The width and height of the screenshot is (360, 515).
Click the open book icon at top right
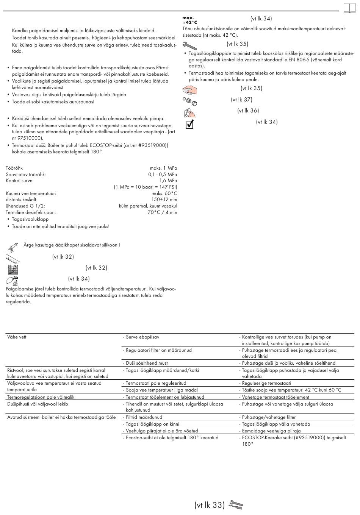click(x=349, y=8)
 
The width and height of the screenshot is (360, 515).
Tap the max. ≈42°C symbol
click(x=190, y=20)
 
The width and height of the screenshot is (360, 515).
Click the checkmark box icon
click(x=189, y=124)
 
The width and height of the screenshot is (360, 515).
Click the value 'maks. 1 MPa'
click(x=163, y=168)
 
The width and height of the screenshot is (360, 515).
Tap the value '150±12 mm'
click(x=164, y=200)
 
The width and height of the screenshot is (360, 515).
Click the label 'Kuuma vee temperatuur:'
click(x=31, y=194)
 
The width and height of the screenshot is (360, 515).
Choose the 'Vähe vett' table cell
click(x=17, y=337)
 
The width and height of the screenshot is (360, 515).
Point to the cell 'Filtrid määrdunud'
click(x=144, y=417)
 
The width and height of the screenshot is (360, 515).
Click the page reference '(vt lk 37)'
click(x=241, y=100)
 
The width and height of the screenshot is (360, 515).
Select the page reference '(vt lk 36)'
click(x=248, y=111)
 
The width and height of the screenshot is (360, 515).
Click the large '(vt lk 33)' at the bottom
click(x=210, y=505)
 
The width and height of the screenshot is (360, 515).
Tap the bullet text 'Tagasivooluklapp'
click(x=30, y=219)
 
